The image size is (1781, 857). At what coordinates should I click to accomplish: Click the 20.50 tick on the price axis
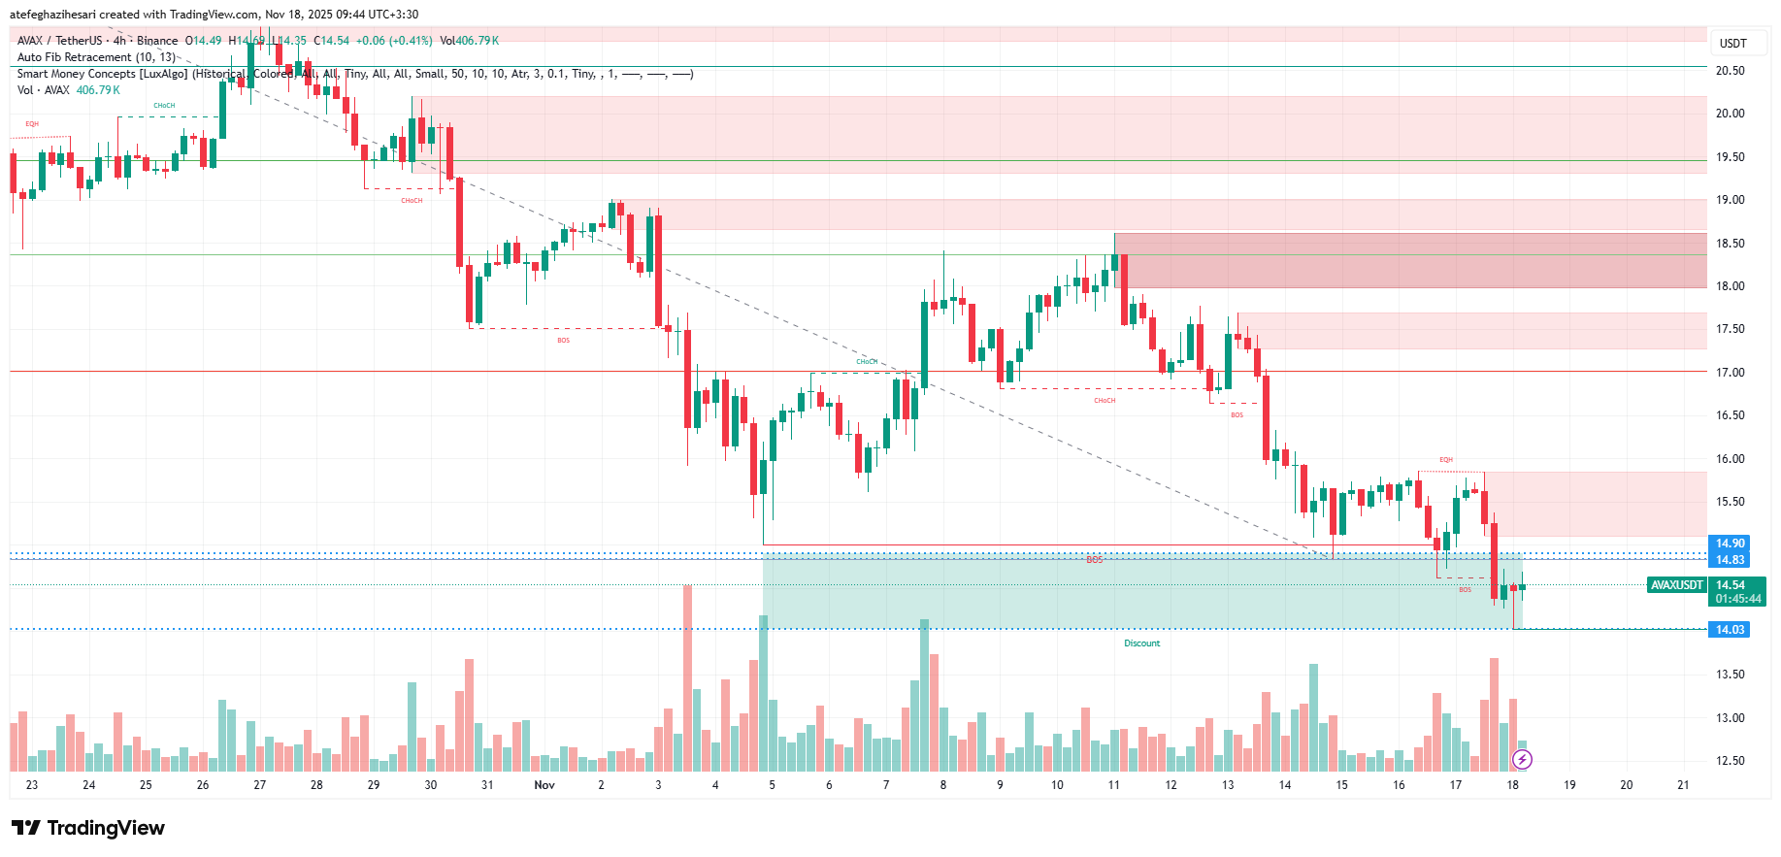[x=1730, y=71]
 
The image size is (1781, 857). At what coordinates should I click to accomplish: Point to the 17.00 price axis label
[x=1730, y=373]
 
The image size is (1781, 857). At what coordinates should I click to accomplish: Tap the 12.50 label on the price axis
[x=1730, y=761]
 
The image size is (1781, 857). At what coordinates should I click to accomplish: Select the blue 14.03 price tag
[x=1730, y=630]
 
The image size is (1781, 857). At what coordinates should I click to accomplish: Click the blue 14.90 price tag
[x=1730, y=544]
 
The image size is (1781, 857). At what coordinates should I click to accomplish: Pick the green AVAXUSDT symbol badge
[x=1677, y=585]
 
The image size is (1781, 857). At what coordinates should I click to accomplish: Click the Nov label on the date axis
[x=544, y=785]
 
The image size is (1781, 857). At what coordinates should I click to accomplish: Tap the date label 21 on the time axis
[x=1683, y=785]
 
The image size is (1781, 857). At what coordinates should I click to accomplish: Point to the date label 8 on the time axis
[x=942, y=785]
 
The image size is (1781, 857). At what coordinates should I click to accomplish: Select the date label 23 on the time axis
[x=32, y=785]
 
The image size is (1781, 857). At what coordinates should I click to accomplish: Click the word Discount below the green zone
[x=1141, y=643]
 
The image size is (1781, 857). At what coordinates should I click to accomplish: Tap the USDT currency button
[x=1732, y=44]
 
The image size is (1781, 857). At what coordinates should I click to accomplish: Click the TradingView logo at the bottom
[x=88, y=828]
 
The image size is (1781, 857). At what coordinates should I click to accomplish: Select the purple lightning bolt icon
[x=1522, y=759]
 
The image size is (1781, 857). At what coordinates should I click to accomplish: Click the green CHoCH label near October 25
[x=164, y=106]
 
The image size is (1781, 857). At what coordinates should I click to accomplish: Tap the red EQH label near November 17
[x=1446, y=460]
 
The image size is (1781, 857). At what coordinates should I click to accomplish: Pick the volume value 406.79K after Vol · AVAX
[x=98, y=90]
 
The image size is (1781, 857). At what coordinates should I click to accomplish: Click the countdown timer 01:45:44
[x=1737, y=599]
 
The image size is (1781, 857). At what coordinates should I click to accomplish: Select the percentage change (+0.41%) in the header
[x=411, y=41]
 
